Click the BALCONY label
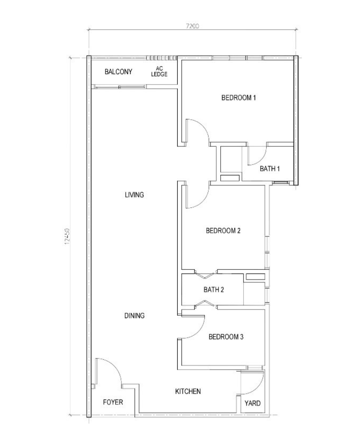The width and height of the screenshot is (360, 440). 118,72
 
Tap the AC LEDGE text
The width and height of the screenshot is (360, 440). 159,72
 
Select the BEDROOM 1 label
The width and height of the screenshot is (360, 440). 238,98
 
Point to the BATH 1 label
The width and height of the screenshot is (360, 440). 270,169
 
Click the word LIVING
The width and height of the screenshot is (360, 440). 135,195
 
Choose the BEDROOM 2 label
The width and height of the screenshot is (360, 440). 223,231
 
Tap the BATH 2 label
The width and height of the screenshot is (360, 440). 214,289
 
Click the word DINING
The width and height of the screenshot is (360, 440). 135,316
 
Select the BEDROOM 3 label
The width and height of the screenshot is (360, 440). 225,337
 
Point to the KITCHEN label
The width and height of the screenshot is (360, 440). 188,391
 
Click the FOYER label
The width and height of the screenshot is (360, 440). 113,402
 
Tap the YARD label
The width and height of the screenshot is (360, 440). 252,403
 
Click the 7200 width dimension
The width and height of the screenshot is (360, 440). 192,26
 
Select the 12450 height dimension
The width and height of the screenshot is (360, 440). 67,236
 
